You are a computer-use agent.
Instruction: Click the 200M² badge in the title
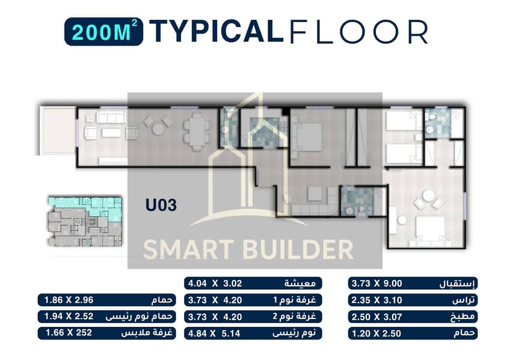[104, 31]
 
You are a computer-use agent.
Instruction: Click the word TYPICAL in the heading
[217, 31]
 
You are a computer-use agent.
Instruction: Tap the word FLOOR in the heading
[358, 31]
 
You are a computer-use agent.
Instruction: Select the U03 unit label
[161, 205]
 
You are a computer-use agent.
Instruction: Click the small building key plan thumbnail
[85, 221]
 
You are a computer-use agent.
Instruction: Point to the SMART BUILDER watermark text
[248, 249]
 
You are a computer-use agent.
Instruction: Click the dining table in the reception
[197, 131]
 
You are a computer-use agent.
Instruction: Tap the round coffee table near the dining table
[158, 129]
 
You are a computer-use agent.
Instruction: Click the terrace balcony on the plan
[58, 130]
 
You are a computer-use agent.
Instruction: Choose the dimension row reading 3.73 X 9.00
[413, 284]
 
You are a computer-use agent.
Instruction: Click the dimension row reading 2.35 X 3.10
[413, 301]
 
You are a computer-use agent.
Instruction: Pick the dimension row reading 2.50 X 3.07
[413, 317]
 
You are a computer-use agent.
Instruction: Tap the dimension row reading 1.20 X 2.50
[413, 334]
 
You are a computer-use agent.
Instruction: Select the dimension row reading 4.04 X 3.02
[253, 283]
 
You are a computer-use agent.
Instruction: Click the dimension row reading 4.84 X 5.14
[253, 334]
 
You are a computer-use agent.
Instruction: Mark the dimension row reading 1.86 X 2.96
[106, 300]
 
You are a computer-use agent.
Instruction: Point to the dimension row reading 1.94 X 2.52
[106, 317]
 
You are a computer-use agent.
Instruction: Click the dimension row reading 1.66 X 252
[106, 333]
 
